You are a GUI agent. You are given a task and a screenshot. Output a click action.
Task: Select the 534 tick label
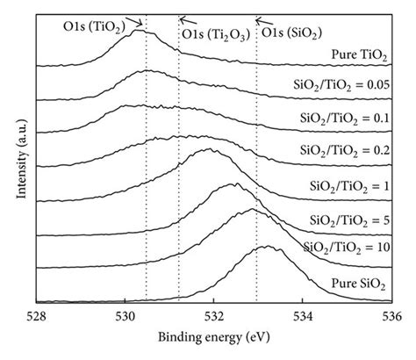click(x=303, y=319)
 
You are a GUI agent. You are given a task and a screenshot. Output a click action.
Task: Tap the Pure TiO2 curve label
click(x=352, y=54)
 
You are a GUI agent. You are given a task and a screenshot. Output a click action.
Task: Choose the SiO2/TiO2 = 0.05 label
click(x=338, y=87)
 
